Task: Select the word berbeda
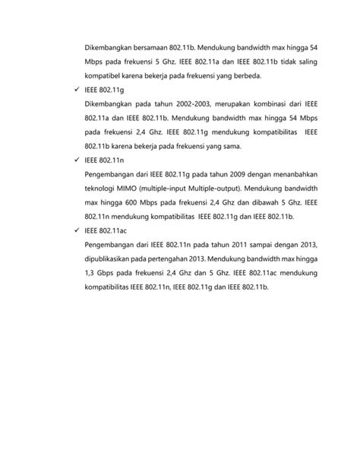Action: click(x=244, y=76)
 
